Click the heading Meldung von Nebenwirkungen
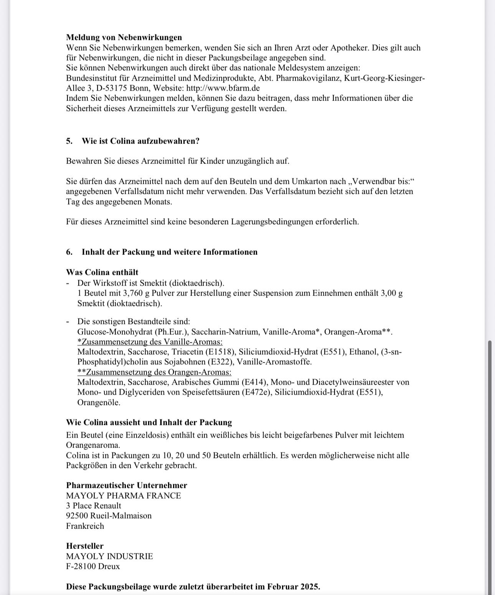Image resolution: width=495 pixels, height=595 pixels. (124, 37)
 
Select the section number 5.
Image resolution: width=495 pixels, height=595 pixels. (69, 141)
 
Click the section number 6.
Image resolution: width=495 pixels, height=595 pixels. (69, 252)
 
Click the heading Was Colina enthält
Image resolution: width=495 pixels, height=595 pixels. (102, 272)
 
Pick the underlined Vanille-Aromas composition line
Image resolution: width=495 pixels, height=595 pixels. (150, 342)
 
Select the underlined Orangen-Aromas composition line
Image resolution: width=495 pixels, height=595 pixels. (154, 372)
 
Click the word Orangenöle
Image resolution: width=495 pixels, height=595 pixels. (99, 402)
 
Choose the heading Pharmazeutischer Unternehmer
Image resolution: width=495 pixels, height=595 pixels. (127, 485)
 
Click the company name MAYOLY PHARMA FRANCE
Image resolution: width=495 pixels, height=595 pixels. (123, 496)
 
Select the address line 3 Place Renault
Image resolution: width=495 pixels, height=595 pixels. (93, 506)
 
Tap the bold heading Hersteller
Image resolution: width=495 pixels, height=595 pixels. (85, 546)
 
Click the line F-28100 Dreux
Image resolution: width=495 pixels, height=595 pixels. (93, 566)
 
